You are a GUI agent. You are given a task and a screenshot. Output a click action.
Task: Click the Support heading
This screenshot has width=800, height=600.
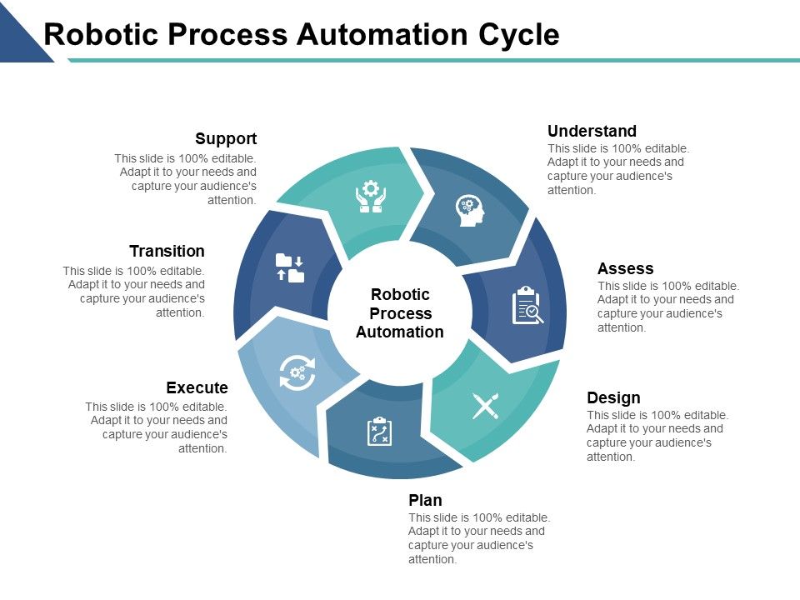click(226, 139)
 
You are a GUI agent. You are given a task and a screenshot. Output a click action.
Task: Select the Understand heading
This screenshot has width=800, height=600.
click(592, 131)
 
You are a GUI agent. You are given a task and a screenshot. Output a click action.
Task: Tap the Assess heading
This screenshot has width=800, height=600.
click(625, 268)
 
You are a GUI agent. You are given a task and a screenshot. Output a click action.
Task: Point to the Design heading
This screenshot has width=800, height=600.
click(613, 397)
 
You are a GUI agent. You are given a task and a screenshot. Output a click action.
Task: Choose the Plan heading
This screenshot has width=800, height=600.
click(425, 500)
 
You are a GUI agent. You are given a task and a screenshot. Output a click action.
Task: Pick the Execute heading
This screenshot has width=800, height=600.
click(197, 387)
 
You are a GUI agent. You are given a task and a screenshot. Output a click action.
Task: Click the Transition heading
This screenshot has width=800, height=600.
click(167, 251)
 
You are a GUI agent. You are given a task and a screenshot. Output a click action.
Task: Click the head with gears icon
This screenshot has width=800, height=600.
click(470, 210)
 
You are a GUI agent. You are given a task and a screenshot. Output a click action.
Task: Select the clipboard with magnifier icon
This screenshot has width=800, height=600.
click(527, 305)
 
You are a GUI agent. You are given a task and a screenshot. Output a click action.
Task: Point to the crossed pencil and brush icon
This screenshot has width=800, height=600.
click(485, 406)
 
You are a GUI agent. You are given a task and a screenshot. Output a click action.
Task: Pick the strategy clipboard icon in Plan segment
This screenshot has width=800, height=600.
click(379, 432)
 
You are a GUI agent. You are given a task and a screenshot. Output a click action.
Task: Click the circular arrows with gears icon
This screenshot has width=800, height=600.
click(297, 372)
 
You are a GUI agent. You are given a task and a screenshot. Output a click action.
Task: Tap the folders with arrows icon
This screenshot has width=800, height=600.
click(290, 268)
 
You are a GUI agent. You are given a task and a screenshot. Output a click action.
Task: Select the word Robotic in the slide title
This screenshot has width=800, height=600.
click(98, 34)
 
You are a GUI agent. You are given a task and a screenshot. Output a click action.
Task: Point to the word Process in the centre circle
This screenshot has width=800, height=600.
click(400, 313)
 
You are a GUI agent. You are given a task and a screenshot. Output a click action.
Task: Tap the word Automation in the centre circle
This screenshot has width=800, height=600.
click(400, 332)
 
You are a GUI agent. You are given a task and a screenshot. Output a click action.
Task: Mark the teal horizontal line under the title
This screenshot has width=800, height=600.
click(433, 60)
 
